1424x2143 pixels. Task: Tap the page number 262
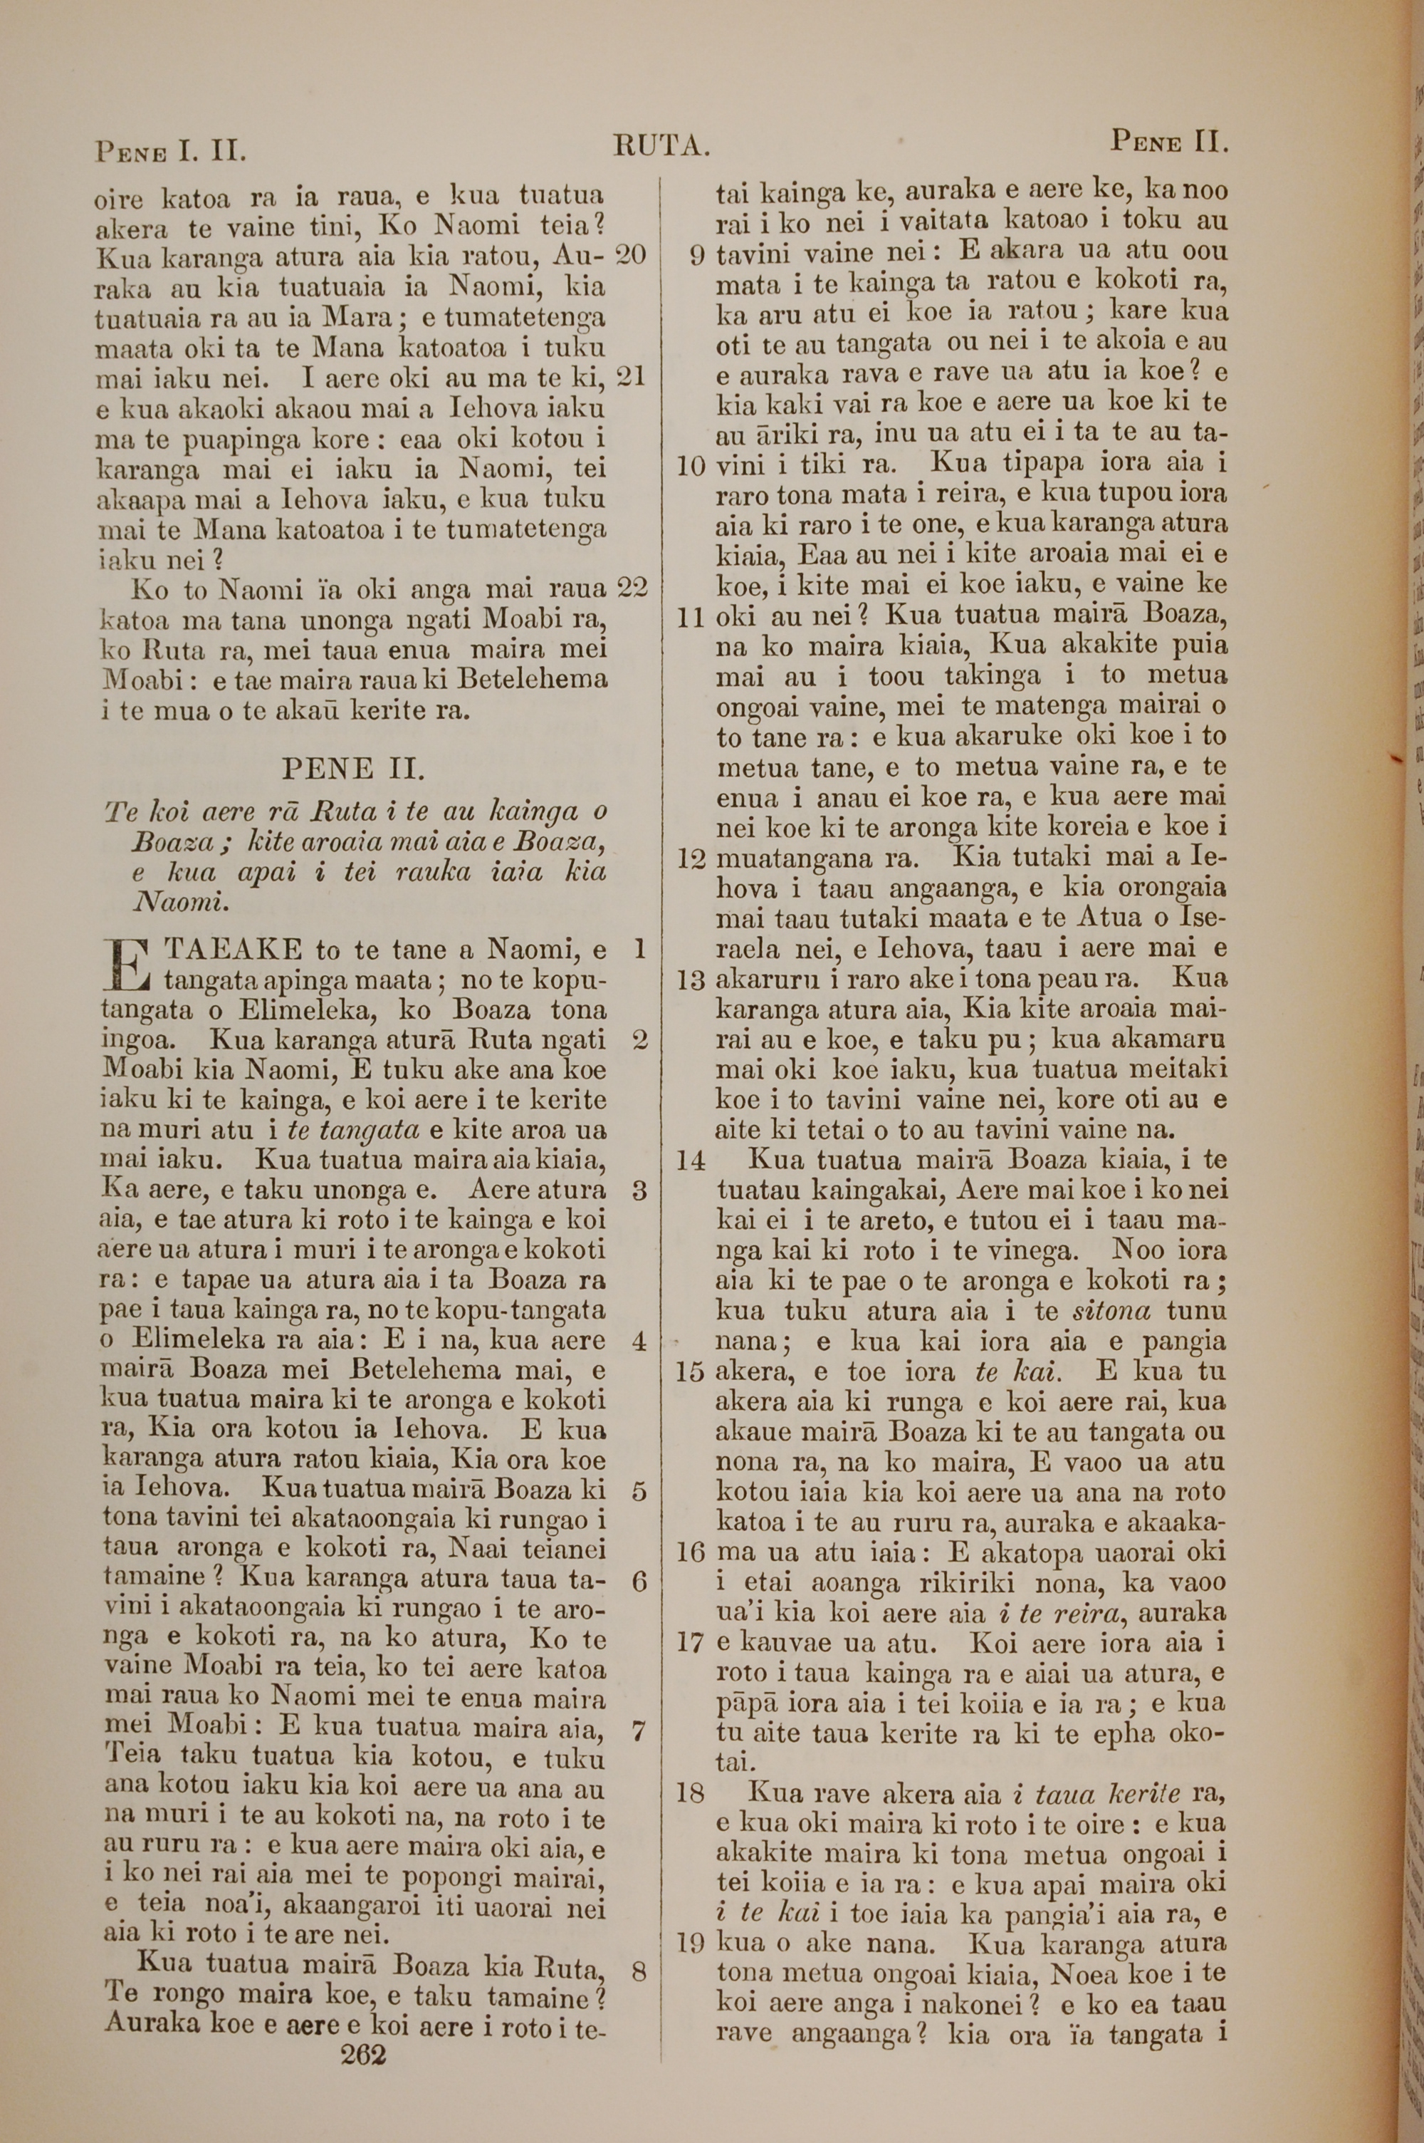click(363, 2028)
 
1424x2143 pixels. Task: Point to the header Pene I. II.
click(171, 148)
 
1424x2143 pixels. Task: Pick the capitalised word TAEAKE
click(231, 951)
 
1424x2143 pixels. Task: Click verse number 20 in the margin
click(629, 255)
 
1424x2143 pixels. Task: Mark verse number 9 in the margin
click(696, 255)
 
